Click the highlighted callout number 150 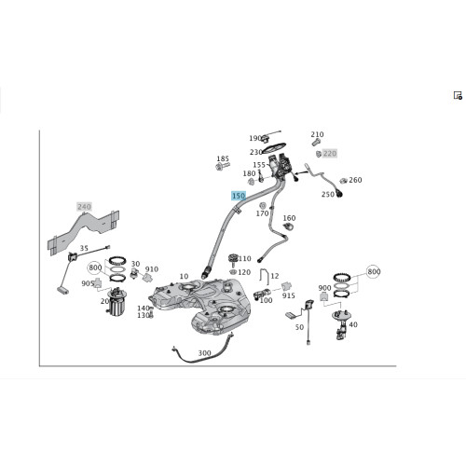pyautogui.click(x=239, y=196)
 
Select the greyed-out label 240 pyautogui.click(x=84, y=207)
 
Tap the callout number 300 pyautogui.click(x=204, y=353)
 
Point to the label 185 pyautogui.click(x=223, y=158)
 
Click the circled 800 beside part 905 pyautogui.click(x=95, y=267)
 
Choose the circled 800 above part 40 pyautogui.click(x=374, y=271)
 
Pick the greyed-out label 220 pyautogui.click(x=330, y=153)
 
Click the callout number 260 pyautogui.click(x=355, y=180)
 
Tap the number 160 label pyautogui.click(x=289, y=218)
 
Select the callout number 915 pyautogui.click(x=289, y=295)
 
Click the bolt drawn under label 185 pyautogui.click(x=223, y=166)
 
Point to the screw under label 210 pyautogui.click(x=316, y=143)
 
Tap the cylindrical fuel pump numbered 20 pyautogui.click(x=116, y=302)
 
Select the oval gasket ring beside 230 pyautogui.click(x=274, y=148)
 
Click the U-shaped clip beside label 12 pyautogui.click(x=264, y=277)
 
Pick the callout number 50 pyautogui.click(x=299, y=327)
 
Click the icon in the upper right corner pyautogui.click(x=458, y=95)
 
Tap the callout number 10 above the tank pyautogui.click(x=184, y=276)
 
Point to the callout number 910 pyautogui.click(x=152, y=269)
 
